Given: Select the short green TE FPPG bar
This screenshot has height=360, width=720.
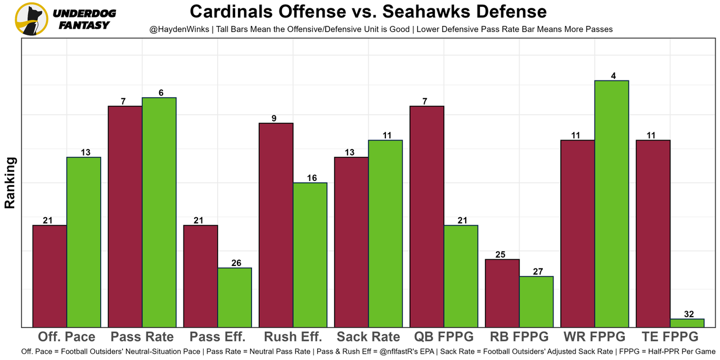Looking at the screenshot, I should point(687,323).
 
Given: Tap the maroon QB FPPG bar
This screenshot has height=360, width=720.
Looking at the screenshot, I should point(427,217).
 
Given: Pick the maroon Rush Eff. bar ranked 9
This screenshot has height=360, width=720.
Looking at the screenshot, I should point(276,225).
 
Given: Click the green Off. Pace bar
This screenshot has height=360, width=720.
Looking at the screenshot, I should point(84,242).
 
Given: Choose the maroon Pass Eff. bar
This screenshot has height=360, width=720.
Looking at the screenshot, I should point(201,276).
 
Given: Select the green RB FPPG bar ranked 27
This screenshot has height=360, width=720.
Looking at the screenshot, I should point(536,301).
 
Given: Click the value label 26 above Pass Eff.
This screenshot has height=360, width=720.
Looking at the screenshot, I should point(235,263).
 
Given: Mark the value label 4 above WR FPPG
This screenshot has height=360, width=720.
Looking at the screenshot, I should point(611,76).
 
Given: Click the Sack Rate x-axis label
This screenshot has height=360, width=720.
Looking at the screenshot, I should point(368,337).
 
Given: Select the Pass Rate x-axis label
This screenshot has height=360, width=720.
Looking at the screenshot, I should point(142,337).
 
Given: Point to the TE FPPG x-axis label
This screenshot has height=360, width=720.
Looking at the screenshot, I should point(670,337).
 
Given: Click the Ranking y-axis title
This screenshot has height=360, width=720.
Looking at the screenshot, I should point(10,183).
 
